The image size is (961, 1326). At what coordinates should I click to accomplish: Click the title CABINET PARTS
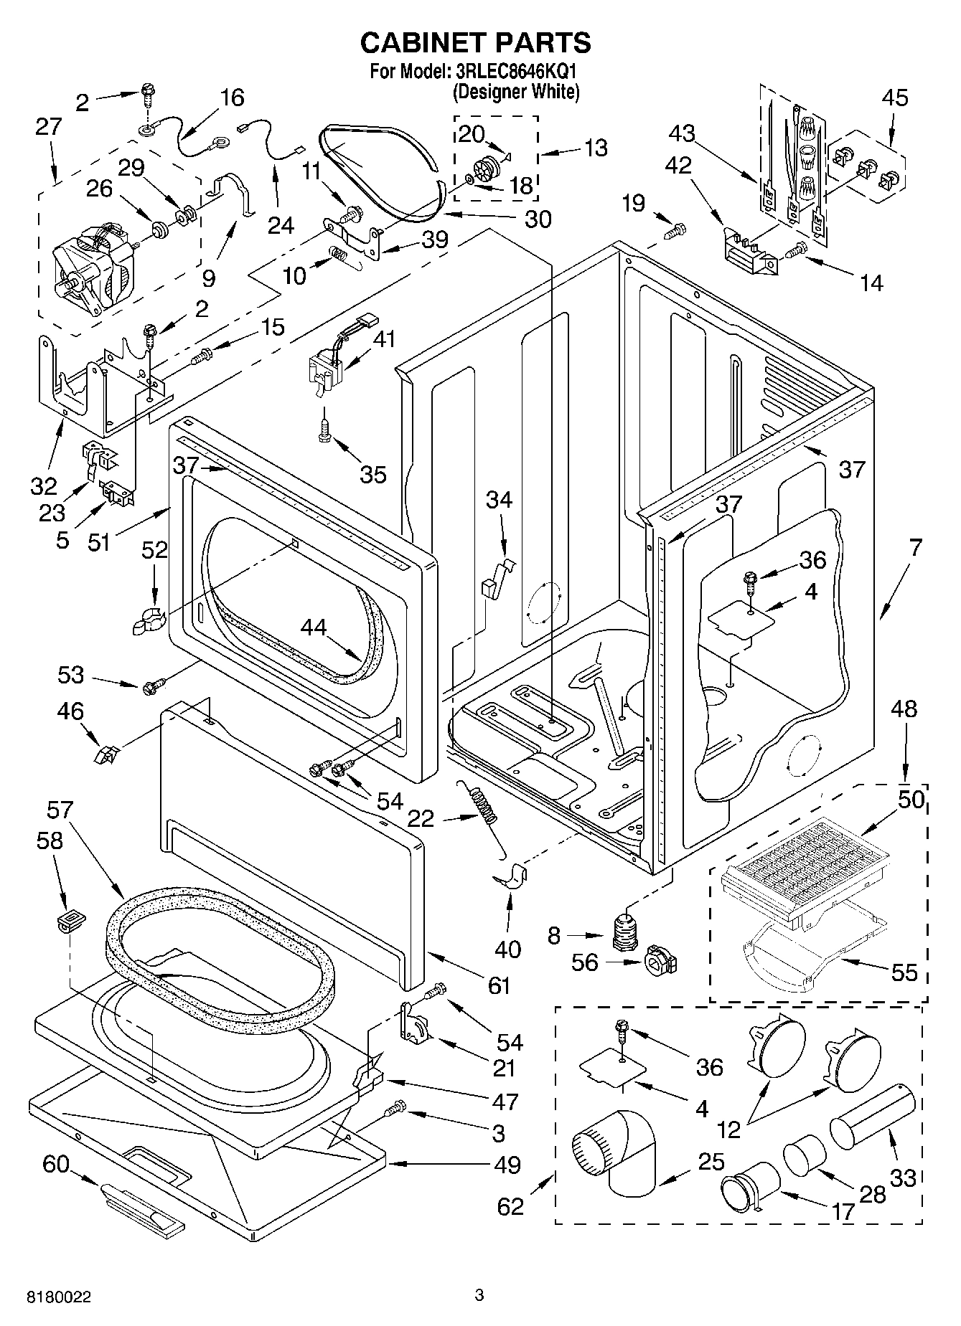475,42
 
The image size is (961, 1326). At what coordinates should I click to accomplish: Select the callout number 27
49,127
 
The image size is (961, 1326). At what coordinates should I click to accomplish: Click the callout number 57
60,810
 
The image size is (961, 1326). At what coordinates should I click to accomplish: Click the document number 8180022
59,1297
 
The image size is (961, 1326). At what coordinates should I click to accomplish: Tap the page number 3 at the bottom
479,1295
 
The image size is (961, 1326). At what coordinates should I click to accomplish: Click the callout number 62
510,1206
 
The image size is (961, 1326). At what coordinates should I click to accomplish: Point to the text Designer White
516,92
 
